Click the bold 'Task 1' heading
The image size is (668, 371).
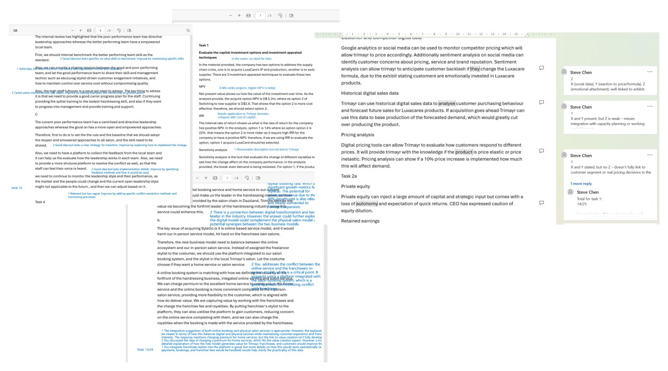(204, 45)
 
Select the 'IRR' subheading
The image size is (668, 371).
(201, 115)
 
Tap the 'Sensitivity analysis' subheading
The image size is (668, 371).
(213, 150)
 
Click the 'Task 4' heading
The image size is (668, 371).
(40, 201)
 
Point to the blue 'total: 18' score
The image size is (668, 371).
(17, 187)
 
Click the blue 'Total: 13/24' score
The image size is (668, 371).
(145, 349)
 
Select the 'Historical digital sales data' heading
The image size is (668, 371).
(369, 93)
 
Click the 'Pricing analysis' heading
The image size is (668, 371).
(357, 135)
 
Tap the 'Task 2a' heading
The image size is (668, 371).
(349, 176)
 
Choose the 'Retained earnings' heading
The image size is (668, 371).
(360, 221)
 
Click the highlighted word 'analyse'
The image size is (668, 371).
(447, 103)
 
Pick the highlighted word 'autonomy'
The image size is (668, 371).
(367, 204)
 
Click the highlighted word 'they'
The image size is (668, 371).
(475, 68)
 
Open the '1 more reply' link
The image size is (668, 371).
(581, 184)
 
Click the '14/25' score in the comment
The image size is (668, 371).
(582, 204)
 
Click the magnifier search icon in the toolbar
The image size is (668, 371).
(188, 31)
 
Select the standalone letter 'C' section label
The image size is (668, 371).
(37, 114)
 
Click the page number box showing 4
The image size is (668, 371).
(101, 31)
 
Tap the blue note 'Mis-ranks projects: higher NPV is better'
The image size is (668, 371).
(248, 88)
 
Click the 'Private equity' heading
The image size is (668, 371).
(355, 186)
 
